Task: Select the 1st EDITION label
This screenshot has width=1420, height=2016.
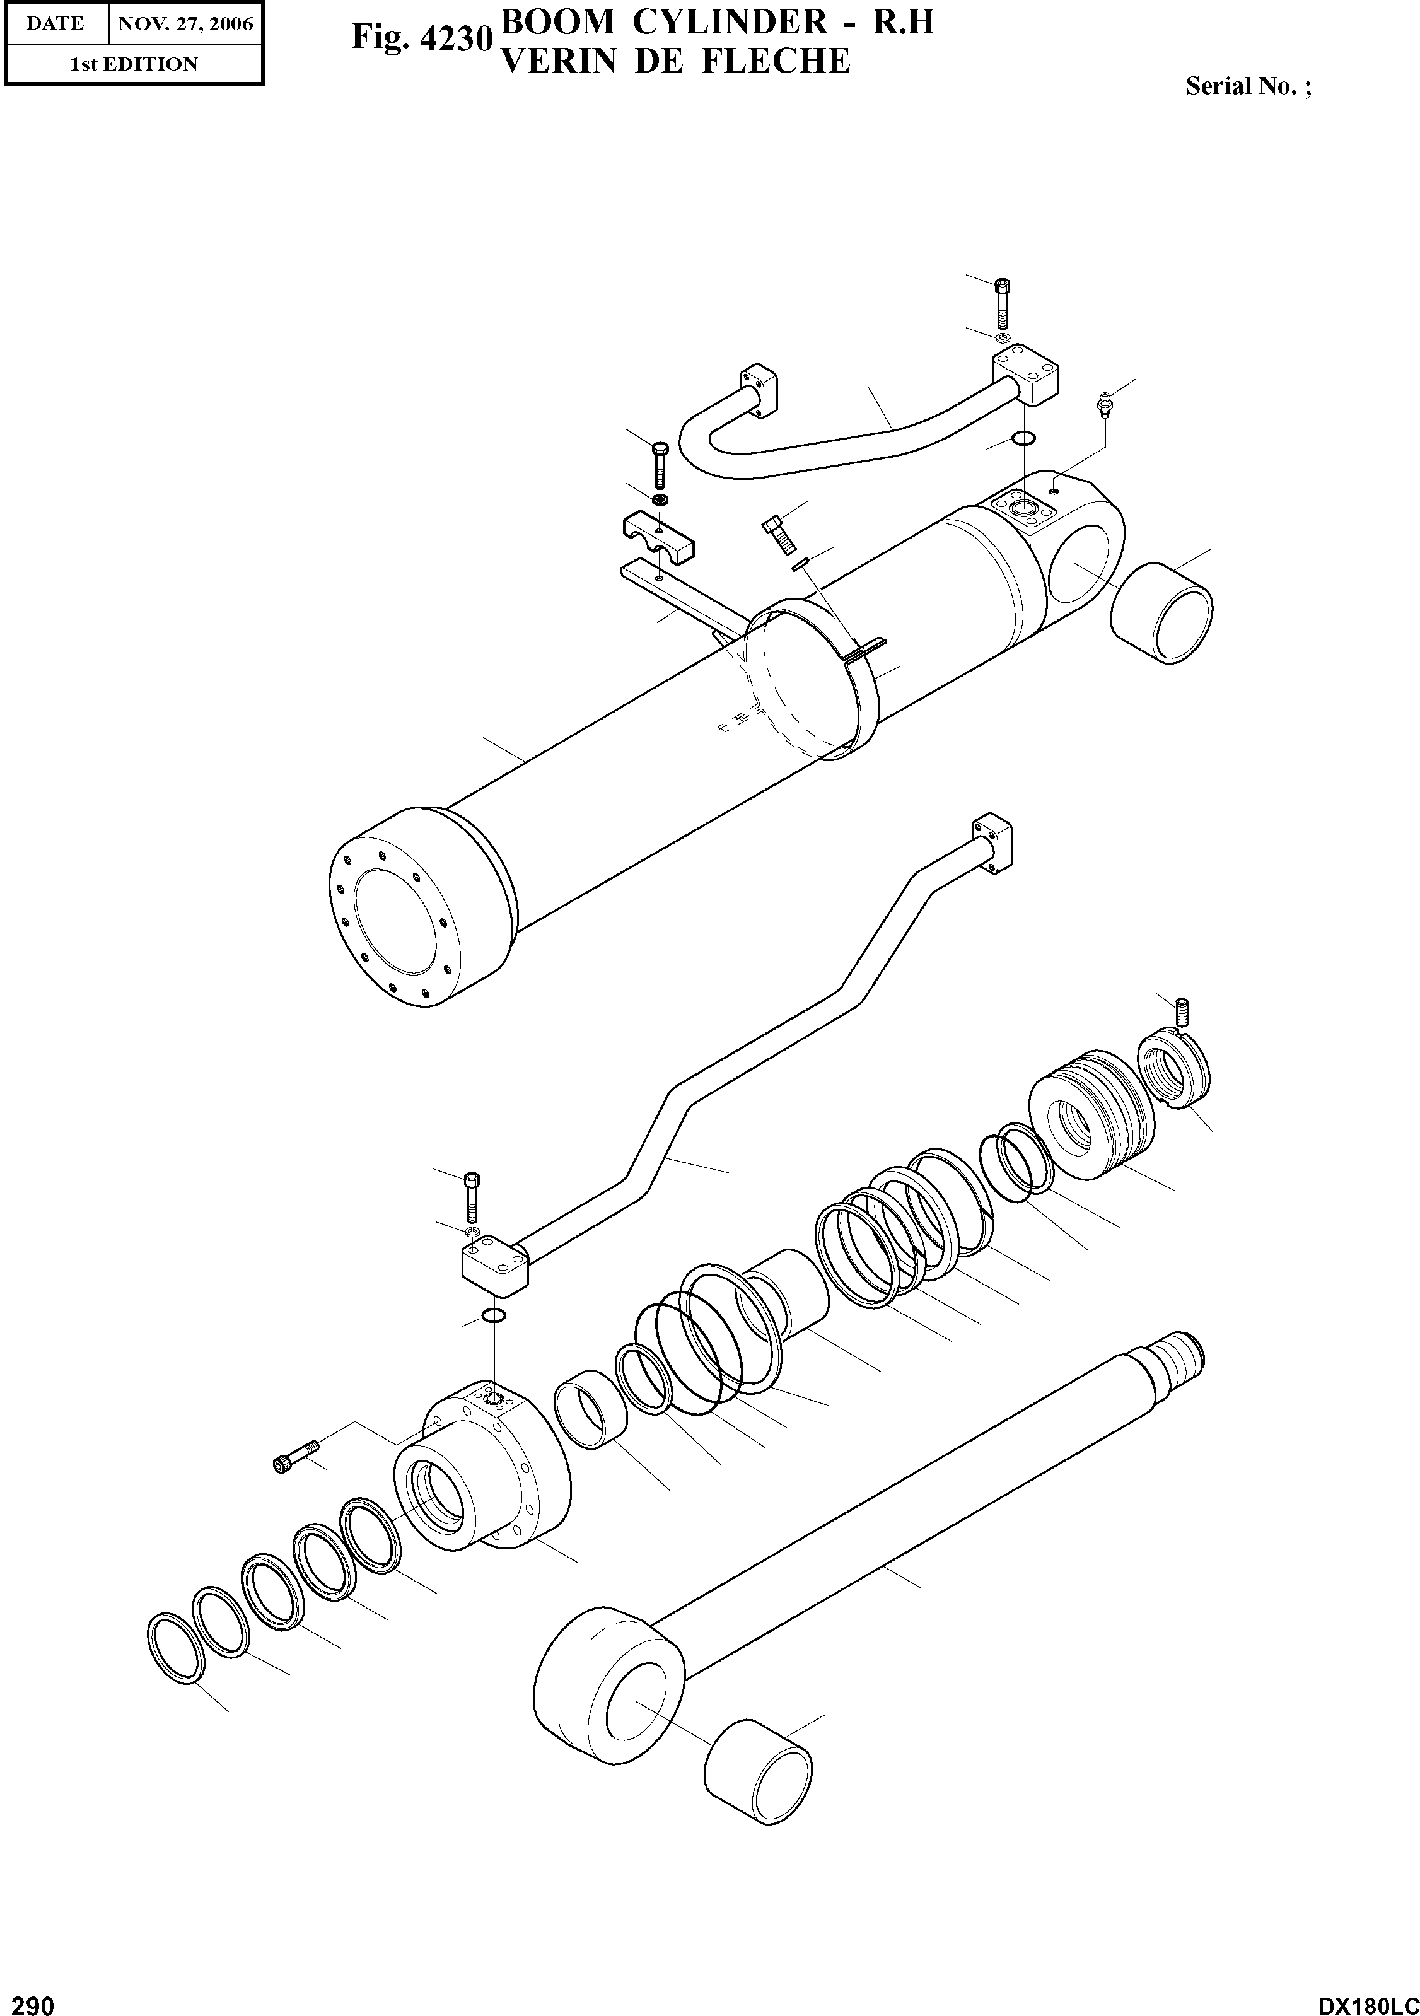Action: [134, 64]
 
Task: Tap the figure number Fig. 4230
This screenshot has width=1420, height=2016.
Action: [420, 38]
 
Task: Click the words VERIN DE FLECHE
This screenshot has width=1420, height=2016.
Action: [675, 61]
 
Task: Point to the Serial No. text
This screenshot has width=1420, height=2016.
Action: [1248, 86]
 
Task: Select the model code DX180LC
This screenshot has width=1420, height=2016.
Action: [1367, 2003]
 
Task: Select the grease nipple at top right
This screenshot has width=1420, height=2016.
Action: [1104, 403]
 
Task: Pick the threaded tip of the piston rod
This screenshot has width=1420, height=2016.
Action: [1180, 1351]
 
